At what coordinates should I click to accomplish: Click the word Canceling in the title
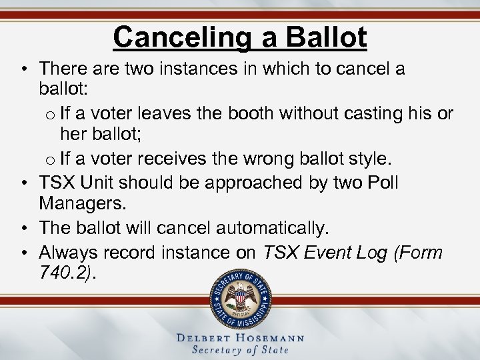(184, 37)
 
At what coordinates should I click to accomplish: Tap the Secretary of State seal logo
(241, 298)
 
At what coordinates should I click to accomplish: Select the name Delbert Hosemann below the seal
(240, 338)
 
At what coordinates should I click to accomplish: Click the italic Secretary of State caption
(240, 351)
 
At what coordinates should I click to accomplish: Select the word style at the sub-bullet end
(373, 159)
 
